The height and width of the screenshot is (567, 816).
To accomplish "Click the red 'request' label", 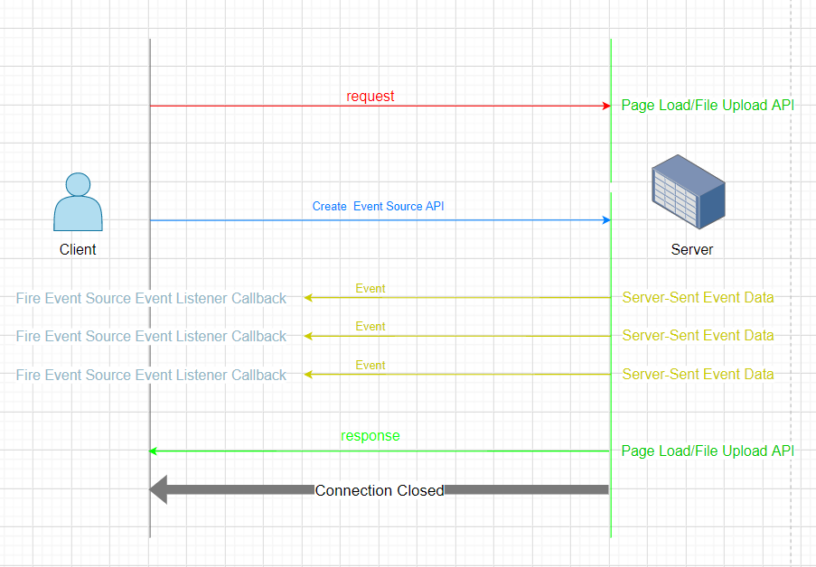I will point(370,97).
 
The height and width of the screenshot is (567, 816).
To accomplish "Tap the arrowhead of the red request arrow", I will point(607,106).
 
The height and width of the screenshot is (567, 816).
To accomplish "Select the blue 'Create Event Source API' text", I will point(378,207).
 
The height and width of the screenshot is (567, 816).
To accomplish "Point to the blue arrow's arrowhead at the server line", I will point(607,220).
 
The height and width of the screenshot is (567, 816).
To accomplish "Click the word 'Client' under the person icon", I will point(78,250).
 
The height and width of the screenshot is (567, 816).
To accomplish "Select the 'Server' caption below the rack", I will point(692,250).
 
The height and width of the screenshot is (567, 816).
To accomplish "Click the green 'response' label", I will point(370,436).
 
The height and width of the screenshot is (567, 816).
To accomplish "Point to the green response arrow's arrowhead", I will point(154,451).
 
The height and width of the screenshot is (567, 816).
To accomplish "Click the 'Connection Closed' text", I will point(380,491).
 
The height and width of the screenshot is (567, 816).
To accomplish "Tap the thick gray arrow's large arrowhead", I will point(159,490).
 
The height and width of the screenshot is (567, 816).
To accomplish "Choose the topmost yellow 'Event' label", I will point(370,289).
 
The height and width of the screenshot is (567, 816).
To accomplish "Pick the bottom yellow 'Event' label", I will point(370,366).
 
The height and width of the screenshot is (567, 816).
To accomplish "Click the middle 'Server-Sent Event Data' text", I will point(698,336).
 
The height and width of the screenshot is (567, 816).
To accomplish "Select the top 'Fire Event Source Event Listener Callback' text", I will point(151,298).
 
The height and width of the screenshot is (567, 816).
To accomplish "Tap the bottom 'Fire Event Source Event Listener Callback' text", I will point(151,375).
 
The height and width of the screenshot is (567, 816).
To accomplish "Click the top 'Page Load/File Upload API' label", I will point(708,106).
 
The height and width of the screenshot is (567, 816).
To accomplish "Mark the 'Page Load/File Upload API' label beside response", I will point(708,451).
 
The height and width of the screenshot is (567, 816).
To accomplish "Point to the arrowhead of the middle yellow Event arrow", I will point(308,336).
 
